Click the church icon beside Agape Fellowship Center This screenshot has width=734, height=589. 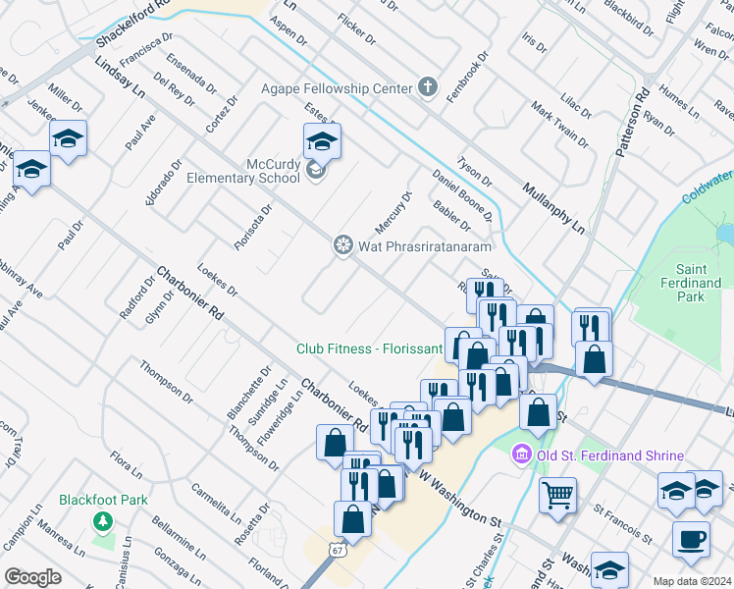point(427,88)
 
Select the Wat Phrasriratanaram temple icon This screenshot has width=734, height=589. point(343,245)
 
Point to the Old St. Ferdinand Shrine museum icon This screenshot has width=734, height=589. point(521,455)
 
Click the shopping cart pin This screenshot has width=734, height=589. point(558,493)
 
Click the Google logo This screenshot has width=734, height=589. point(32,577)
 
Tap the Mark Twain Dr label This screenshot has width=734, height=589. point(558,124)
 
